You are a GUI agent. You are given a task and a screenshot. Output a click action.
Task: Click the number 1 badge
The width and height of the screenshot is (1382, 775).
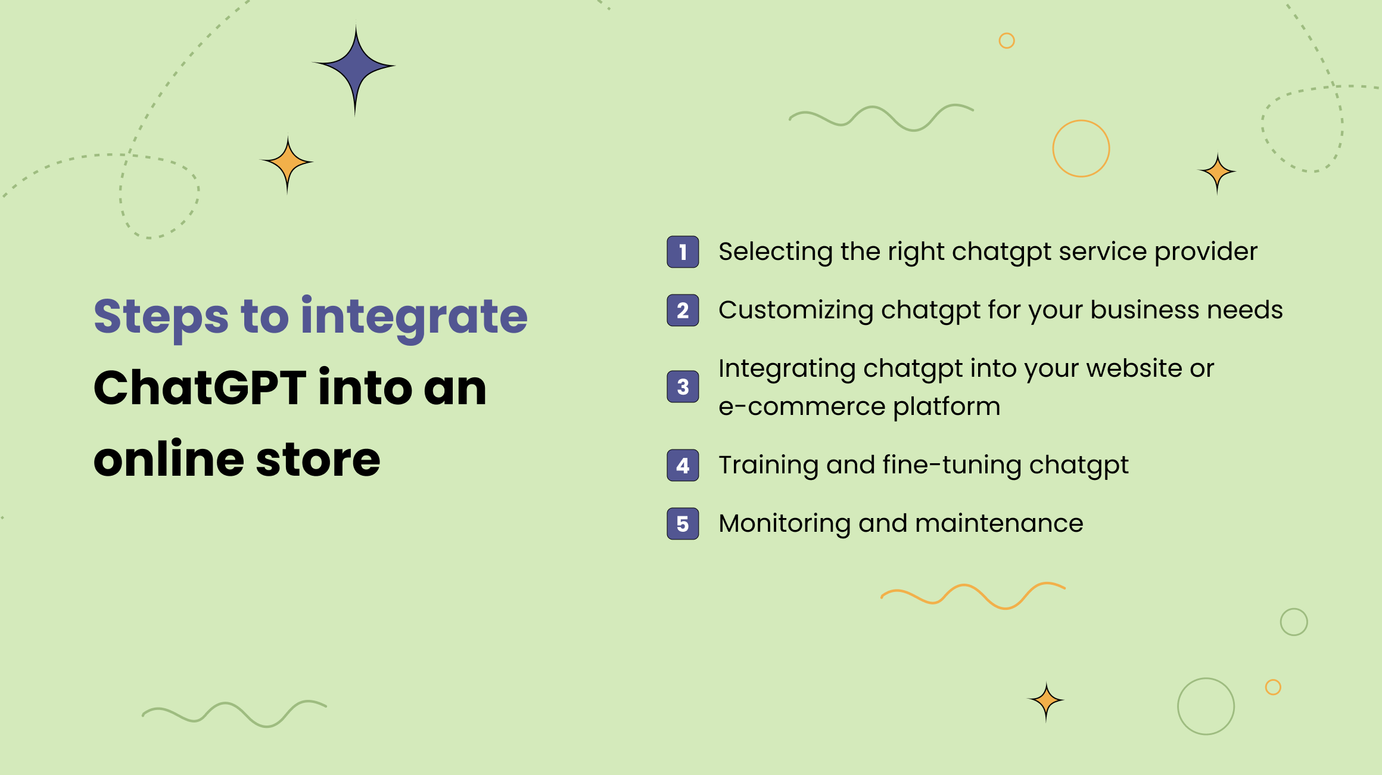(x=683, y=252)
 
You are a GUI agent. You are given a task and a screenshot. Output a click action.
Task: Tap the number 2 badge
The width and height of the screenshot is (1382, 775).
(x=683, y=311)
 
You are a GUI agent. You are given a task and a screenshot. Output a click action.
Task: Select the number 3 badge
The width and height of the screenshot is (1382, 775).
(x=683, y=387)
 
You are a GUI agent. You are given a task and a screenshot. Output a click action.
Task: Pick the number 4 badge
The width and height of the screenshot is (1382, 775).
(x=683, y=465)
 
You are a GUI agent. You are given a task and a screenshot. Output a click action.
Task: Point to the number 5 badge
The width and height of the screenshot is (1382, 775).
(x=683, y=523)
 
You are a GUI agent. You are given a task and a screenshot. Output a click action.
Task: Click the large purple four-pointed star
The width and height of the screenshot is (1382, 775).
(x=355, y=66)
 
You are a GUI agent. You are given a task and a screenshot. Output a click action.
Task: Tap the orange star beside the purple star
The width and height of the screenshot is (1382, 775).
(x=288, y=163)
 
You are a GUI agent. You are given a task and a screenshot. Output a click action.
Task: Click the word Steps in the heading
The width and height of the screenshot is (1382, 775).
(x=161, y=317)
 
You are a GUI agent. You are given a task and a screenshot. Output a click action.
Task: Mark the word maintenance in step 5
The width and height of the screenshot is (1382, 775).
(x=999, y=523)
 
